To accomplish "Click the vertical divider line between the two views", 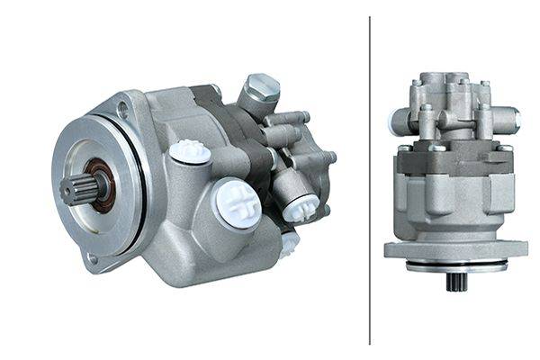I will (x=370, y=180).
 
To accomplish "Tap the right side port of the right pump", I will (x=510, y=116).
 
